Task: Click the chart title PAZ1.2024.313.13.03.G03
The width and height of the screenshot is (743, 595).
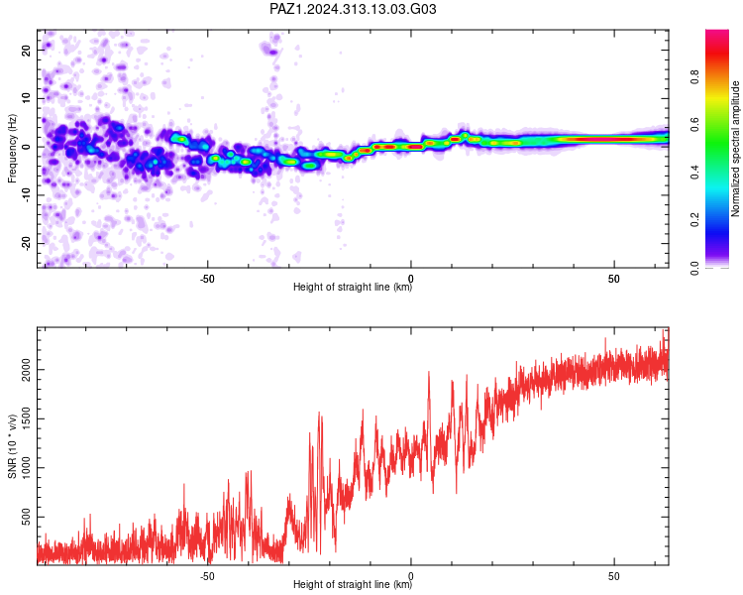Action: (x=353, y=9)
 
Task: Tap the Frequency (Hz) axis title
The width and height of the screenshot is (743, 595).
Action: (x=12, y=149)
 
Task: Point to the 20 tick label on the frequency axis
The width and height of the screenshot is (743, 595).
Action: (x=27, y=50)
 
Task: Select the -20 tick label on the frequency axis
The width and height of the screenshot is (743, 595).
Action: (x=27, y=244)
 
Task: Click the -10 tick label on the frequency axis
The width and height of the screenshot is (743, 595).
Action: (x=27, y=195)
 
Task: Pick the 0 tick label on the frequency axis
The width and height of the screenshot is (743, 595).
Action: (x=27, y=147)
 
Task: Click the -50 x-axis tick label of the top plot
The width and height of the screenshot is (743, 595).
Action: (x=207, y=279)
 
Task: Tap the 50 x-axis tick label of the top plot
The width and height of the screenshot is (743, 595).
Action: (x=613, y=279)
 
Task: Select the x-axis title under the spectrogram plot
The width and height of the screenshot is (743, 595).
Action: (x=353, y=287)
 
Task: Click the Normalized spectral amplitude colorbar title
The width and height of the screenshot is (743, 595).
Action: (x=735, y=149)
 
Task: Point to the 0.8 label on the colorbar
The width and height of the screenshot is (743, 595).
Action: (x=694, y=77)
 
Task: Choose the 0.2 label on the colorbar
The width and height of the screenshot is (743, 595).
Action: (x=694, y=220)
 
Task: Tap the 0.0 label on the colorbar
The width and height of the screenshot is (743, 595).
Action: (x=694, y=268)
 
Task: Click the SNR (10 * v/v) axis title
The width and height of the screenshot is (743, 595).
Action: (x=12, y=446)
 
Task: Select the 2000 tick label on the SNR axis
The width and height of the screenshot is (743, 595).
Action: (x=27, y=370)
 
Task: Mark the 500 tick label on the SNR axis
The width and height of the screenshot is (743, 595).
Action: (x=27, y=517)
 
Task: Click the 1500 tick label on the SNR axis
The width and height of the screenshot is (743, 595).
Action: (x=27, y=418)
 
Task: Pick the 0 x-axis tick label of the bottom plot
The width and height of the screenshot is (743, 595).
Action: (x=410, y=576)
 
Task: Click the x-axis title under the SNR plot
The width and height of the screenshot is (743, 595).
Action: (x=353, y=584)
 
